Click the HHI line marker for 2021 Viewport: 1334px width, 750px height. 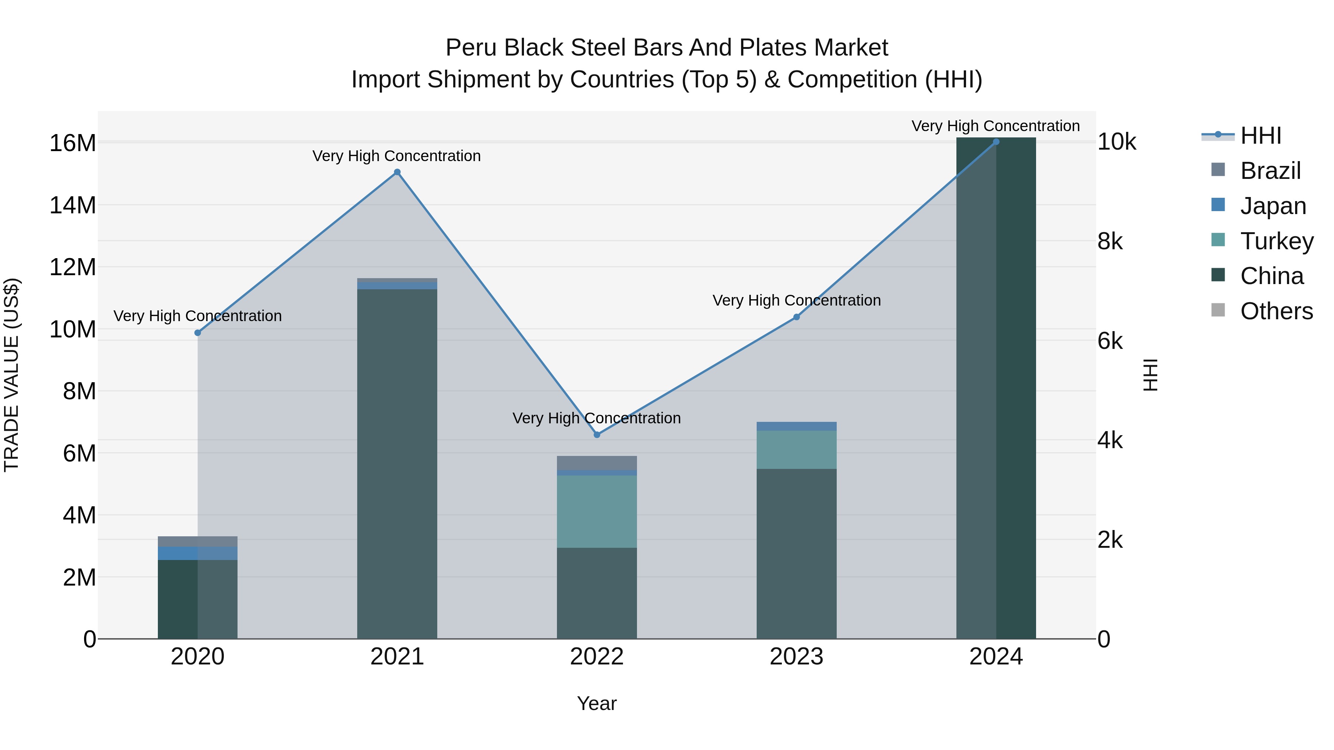[x=397, y=172]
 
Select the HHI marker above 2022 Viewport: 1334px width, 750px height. [x=597, y=435]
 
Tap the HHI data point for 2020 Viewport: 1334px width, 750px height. [x=197, y=333]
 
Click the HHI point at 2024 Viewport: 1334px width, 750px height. [x=996, y=141]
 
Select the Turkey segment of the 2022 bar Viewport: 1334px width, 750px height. [x=597, y=511]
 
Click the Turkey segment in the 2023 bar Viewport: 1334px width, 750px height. [x=796, y=449]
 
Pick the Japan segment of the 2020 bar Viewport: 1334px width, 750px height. [x=197, y=553]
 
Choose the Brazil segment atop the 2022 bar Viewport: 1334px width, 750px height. [x=597, y=463]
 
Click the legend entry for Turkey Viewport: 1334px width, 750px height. [x=1277, y=241]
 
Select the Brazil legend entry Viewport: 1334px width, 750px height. [x=1270, y=171]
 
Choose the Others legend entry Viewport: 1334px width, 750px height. [x=1277, y=311]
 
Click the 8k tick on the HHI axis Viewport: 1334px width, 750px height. [x=1110, y=242]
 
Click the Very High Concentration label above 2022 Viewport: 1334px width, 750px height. [x=597, y=418]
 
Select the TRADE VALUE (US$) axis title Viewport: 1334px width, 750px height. [x=12, y=375]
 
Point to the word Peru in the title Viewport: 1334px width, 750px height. [x=471, y=48]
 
